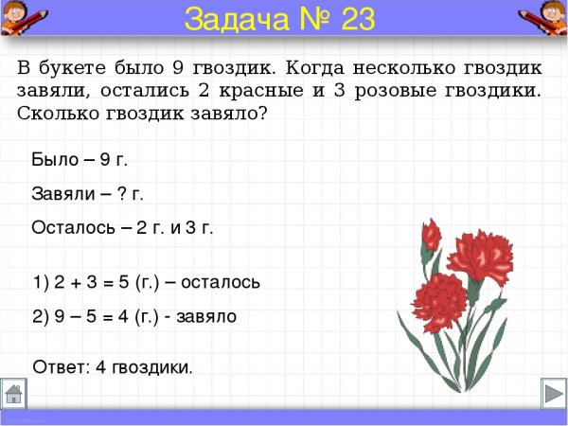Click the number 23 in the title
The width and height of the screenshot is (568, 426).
[347, 18]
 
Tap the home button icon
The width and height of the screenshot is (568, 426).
[13, 393]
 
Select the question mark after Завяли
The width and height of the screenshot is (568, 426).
[121, 194]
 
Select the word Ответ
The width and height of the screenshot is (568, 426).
[60, 366]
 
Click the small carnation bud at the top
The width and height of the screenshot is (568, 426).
[431, 234]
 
